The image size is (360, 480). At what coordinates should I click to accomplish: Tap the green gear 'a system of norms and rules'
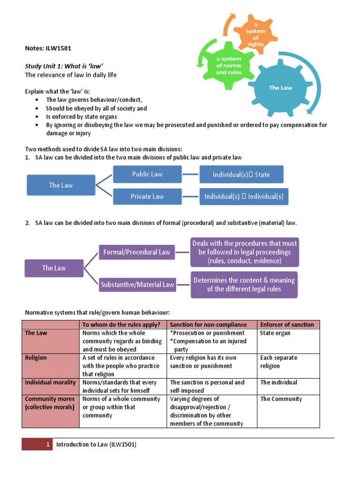tap(228, 66)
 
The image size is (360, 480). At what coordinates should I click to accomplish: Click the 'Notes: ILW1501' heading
tap(48, 48)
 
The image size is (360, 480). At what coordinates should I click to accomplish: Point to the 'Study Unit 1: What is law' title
tap(64, 66)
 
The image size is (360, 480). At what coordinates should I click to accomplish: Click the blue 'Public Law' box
tap(147, 174)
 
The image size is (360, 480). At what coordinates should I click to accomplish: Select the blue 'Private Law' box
tap(147, 196)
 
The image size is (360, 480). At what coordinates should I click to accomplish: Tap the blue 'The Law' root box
tap(61, 185)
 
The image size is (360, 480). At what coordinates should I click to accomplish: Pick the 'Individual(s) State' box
tap(241, 174)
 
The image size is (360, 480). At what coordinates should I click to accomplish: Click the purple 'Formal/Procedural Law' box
tap(136, 252)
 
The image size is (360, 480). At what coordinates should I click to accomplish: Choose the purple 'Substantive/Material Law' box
tap(136, 285)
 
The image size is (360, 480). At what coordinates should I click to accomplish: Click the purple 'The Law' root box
tap(54, 268)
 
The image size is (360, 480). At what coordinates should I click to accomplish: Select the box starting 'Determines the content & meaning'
tap(244, 285)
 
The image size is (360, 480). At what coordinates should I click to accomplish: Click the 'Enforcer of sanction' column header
tap(287, 324)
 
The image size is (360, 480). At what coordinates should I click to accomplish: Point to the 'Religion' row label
tap(36, 358)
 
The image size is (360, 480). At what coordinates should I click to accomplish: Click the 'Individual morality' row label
tap(50, 382)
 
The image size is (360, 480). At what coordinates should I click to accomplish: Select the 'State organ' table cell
tap(275, 333)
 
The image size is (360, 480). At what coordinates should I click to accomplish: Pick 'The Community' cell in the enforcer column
tap(281, 399)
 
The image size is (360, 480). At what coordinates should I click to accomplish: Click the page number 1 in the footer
tap(48, 444)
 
